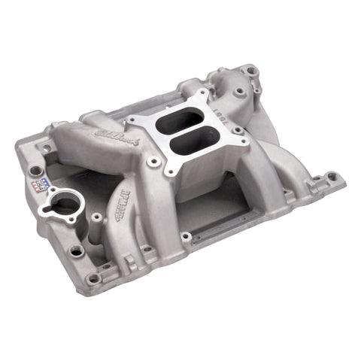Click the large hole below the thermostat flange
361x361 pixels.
[x=76, y=248]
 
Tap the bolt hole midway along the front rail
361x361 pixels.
[x=186, y=237]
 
